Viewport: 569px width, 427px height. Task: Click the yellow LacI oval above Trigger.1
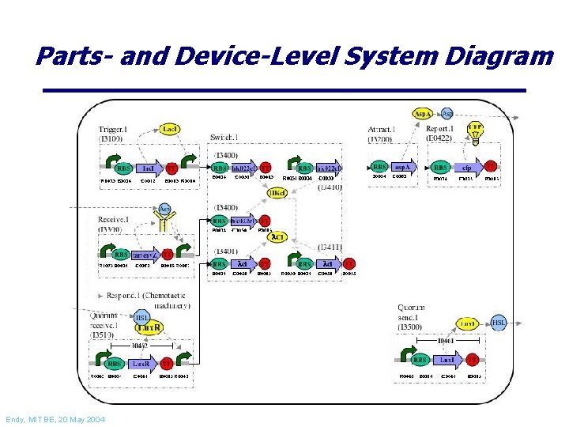(x=169, y=128)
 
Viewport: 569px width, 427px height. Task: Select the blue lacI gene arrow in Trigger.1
(x=148, y=168)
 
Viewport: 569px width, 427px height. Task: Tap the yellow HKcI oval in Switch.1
(x=276, y=193)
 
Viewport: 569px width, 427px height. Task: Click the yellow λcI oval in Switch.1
(x=277, y=236)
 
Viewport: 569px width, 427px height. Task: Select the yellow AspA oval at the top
(x=423, y=114)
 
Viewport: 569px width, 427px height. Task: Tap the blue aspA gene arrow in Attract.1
(x=403, y=168)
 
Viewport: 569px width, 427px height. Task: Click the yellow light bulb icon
(x=475, y=130)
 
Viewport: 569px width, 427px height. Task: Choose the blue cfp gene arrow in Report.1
(x=467, y=168)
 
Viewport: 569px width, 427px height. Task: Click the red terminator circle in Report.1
(x=491, y=167)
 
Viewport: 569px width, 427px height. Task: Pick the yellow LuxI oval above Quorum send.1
(x=468, y=324)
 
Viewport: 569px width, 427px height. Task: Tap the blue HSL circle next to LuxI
(x=499, y=323)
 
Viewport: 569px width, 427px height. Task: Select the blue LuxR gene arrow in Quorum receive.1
(x=141, y=364)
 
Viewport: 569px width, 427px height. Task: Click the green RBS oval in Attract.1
(x=379, y=168)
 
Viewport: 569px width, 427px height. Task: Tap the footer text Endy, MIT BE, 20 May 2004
(x=55, y=418)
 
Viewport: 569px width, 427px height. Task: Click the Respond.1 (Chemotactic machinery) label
(x=142, y=300)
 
